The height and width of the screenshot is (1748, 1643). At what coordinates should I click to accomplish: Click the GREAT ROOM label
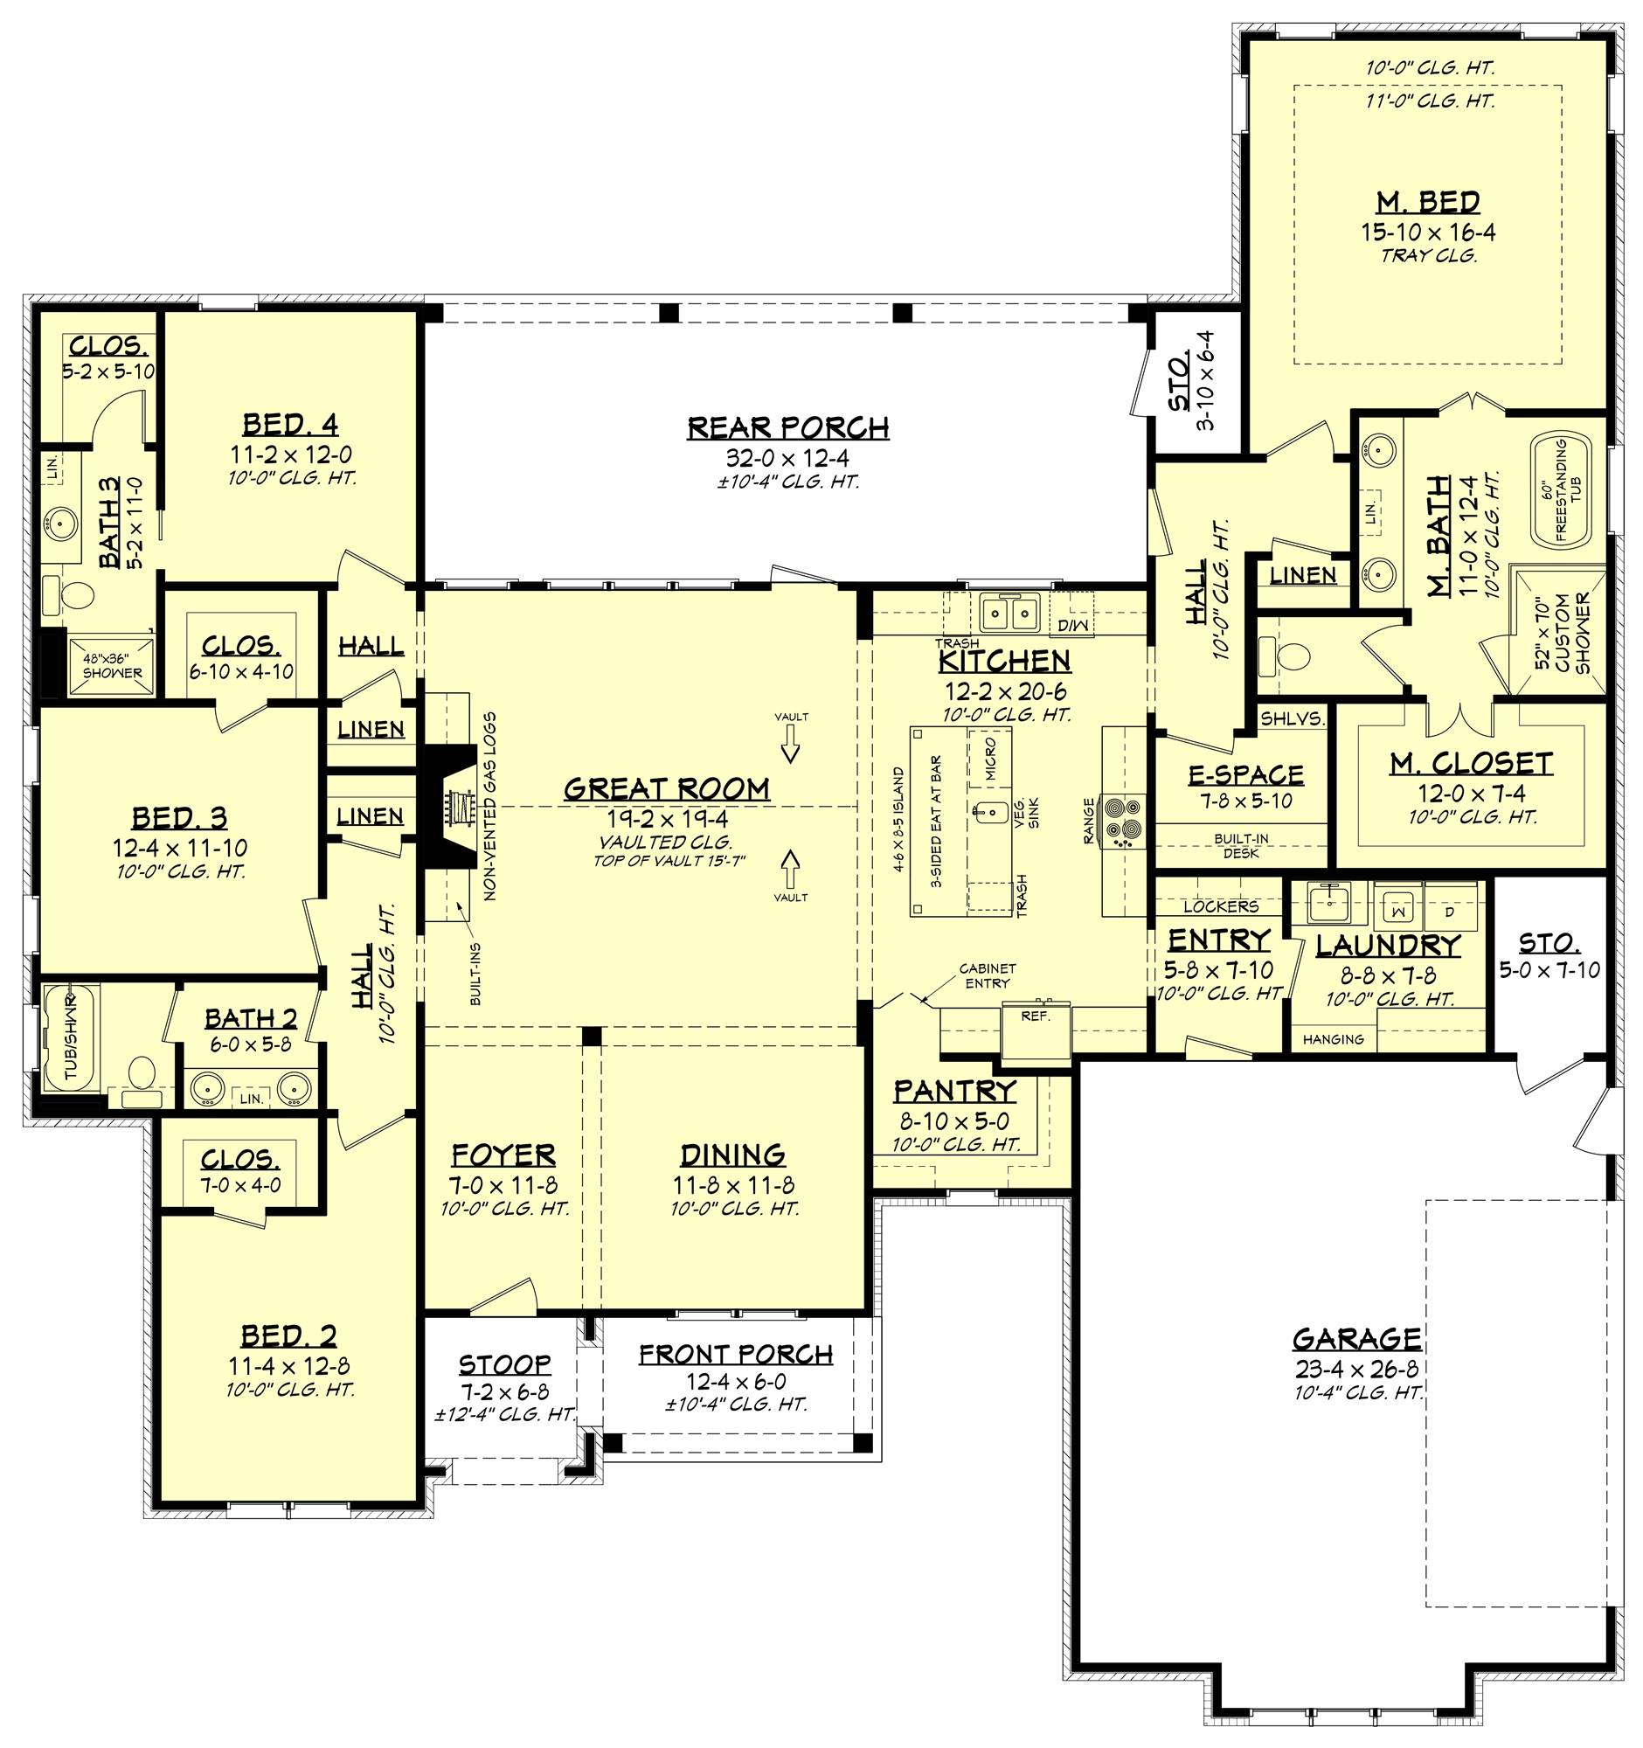pyautogui.click(x=666, y=788)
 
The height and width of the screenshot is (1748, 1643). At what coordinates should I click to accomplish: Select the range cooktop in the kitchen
pyautogui.click(x=1125, y=820)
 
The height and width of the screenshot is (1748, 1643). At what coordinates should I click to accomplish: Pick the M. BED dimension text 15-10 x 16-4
pyautogui.click(x=1428, y=232)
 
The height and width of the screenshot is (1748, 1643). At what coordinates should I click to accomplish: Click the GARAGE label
pyautogui.click(x=1356, y=1340)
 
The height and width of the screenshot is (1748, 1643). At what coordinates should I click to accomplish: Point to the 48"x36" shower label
pyautogui.click(x=112, y=666)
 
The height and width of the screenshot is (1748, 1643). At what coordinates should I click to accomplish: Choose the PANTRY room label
pyautogui.click(x=954, y=1091)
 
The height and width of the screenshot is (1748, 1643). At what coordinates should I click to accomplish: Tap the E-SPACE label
pyautogui.click(x=1245, y=774)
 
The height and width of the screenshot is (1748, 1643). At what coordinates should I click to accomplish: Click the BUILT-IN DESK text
pyautogui.click(x=1240, y=846)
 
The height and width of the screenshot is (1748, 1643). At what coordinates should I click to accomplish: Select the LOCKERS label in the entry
pyautogui.click(x=1220, y=905)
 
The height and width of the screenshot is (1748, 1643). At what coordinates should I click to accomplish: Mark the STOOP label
pyautogui.click(x=504, y=1363)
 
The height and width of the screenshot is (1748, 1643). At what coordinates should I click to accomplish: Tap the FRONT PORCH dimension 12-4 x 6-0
pyautogui.click(x=737, y=1380)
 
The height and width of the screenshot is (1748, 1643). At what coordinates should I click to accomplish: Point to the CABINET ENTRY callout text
pyautogui.click(x=987, y=976)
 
